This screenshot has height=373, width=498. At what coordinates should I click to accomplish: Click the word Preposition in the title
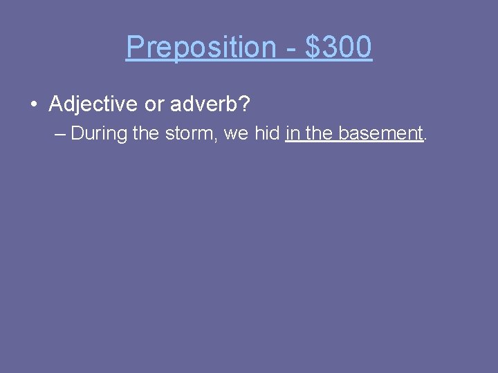(201, 48)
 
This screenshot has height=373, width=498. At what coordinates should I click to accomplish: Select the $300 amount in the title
(338, 48)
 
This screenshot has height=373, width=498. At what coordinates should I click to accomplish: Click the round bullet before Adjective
(33, 105)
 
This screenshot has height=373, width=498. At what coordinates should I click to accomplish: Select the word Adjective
(93, 105)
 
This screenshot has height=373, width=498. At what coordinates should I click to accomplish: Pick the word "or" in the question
(153, 105)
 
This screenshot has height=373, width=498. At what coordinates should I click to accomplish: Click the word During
(99, 133)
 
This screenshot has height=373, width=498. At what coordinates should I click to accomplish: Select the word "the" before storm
(145, 133)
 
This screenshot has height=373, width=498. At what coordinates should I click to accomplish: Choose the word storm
(187, 133)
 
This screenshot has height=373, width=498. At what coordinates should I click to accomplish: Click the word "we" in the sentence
(236, 134)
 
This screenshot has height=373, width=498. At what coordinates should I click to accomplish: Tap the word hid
(267, 133)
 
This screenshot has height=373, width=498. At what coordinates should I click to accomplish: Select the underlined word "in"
(291, 133)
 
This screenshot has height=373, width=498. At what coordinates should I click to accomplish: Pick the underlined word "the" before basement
(319, 133)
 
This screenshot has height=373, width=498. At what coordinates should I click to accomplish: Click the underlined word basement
(380, 133)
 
